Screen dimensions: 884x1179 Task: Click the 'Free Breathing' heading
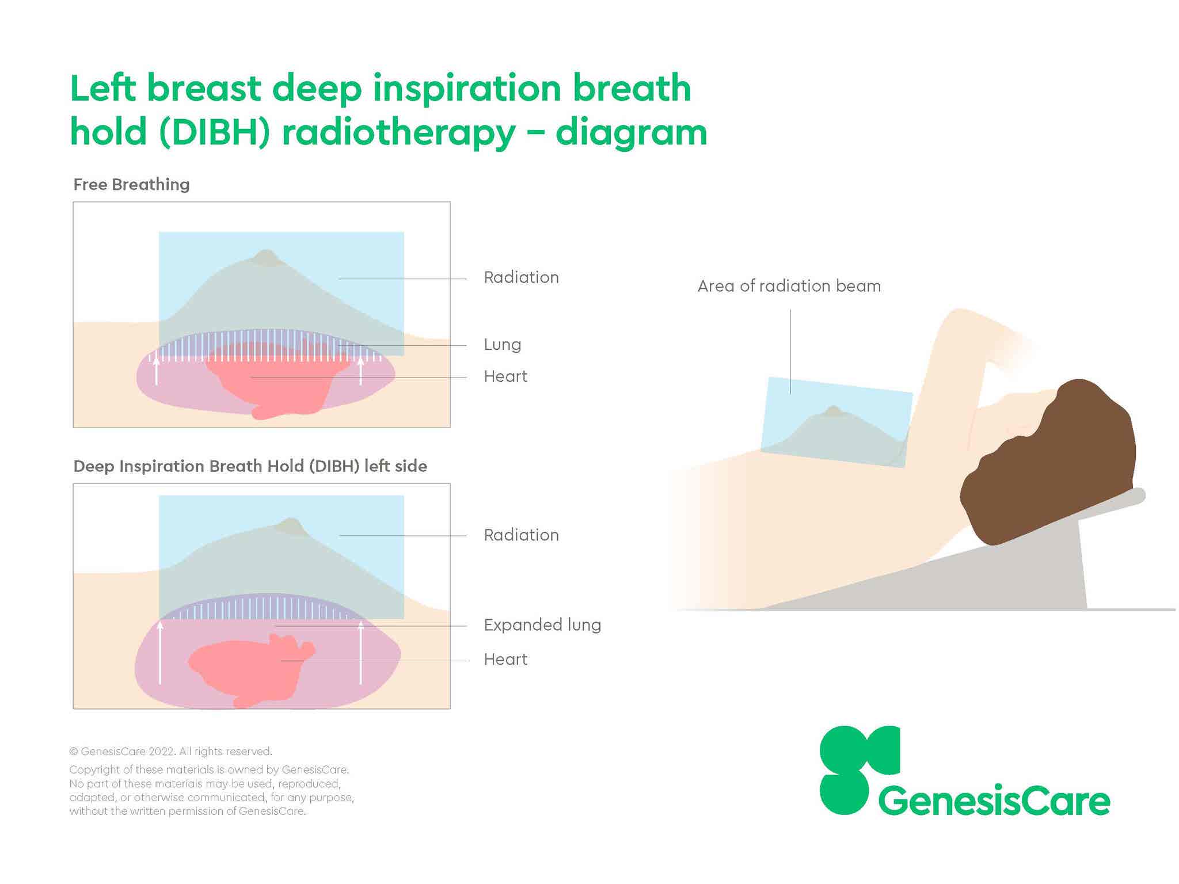[131, 185]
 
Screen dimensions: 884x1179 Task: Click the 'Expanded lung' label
[542, 625]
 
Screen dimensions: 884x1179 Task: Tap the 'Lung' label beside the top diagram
[502, 345]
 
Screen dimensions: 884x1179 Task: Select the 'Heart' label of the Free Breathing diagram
[505, 376]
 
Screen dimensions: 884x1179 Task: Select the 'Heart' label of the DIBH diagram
[505, 660]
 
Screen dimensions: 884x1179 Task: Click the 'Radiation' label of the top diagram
[521, 277]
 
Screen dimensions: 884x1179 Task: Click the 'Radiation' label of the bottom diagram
[521, 535]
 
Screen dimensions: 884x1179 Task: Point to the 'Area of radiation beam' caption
[789, 286]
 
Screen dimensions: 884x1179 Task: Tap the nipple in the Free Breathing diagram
[266, 257]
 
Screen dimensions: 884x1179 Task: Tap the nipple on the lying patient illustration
[833, 411]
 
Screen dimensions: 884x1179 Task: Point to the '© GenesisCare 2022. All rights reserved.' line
[170, 752]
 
